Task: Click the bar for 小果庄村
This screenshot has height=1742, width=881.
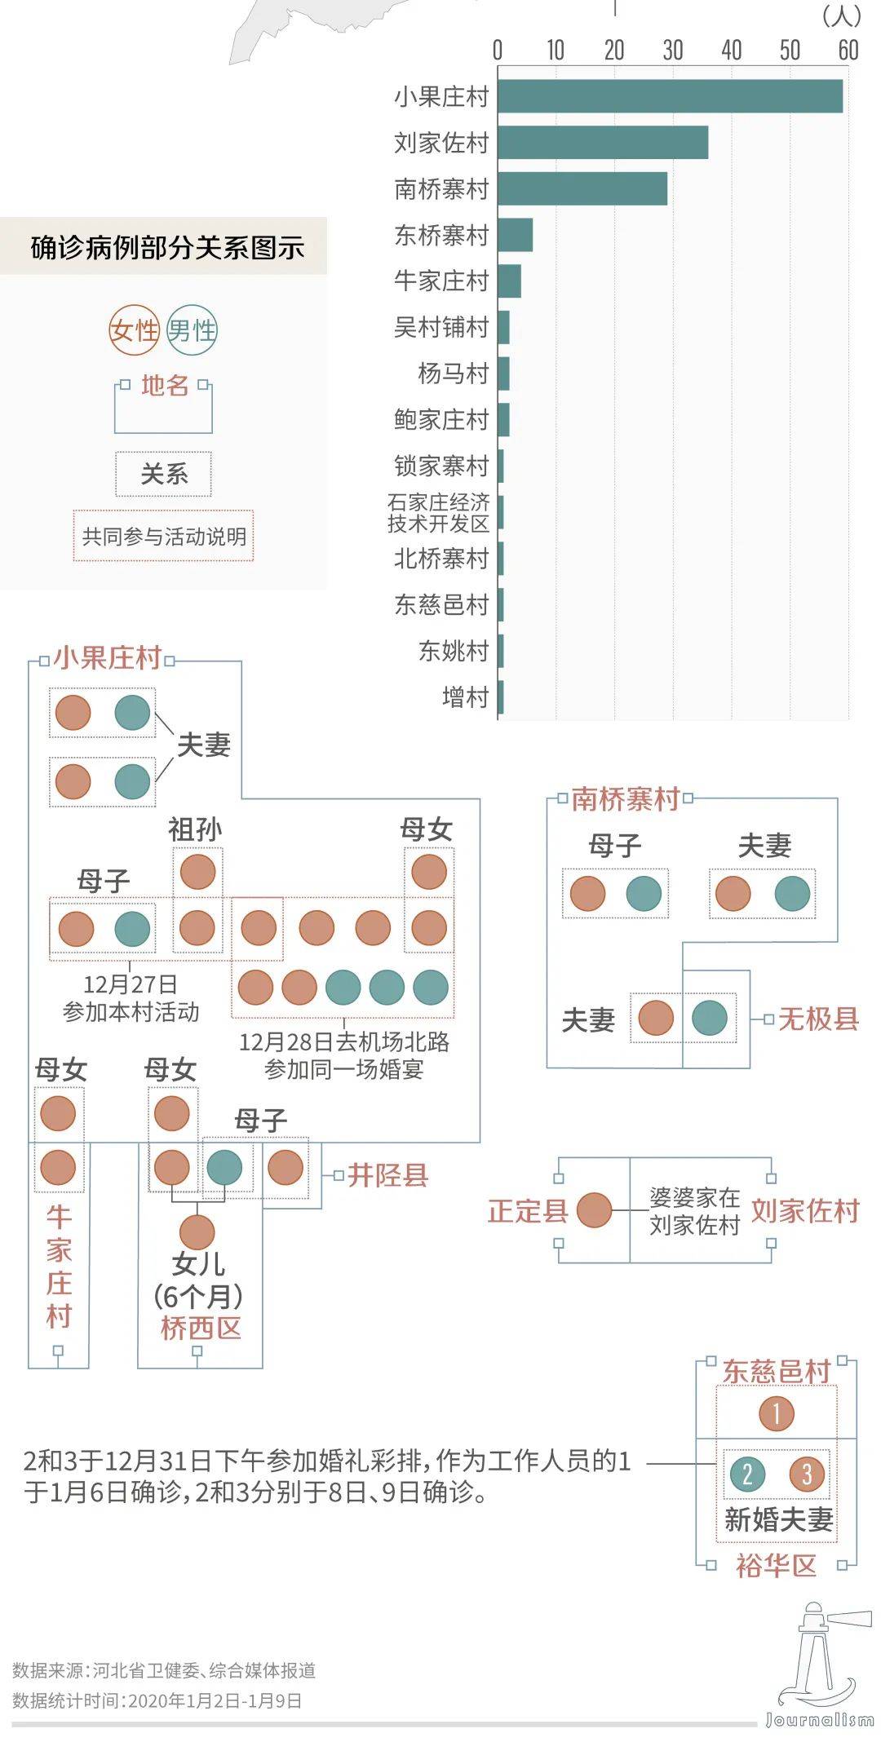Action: tap(670, 96)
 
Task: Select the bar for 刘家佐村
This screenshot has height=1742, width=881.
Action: tap(603, 143)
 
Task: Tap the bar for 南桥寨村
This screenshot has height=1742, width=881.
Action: tap(582, 188)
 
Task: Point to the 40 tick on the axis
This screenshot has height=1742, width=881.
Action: tap(731, 51)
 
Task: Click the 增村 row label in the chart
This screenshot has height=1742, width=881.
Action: tap(465, 697)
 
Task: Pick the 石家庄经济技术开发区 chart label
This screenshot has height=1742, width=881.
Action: tap(439, 512)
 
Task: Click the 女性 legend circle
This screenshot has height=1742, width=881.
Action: tap(134, 330)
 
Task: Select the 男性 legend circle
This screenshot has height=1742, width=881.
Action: tap(192, 330)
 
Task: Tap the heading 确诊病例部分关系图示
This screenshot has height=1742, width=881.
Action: tap(167, 247)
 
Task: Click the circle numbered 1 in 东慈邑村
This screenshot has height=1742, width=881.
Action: tap(777, 1413)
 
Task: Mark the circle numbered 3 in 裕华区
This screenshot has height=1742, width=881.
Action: tap(807, 1474)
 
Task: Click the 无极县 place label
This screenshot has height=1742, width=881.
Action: tap(818, 1019)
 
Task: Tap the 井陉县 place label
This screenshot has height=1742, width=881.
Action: tap(387, 1175)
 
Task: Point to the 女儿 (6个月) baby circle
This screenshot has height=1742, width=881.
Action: tap(197, 1232)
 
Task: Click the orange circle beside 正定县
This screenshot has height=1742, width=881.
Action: tap(594, 1210)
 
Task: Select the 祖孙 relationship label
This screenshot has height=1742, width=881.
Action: tap(195, 829)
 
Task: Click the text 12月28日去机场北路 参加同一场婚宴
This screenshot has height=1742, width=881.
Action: tap(343, 1055)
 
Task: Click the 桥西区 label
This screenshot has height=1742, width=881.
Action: tap(201, 1329)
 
